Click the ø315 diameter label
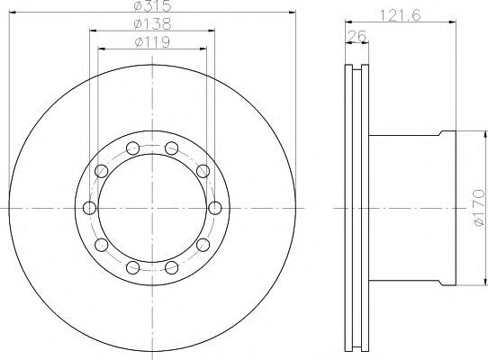152,5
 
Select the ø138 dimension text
152,23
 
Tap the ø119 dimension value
152,42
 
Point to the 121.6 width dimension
401,14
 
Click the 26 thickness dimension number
357,36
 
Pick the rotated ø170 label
479,208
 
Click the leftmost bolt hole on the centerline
90,208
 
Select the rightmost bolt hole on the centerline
215,208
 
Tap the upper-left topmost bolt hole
133,148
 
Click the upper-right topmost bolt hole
171,148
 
